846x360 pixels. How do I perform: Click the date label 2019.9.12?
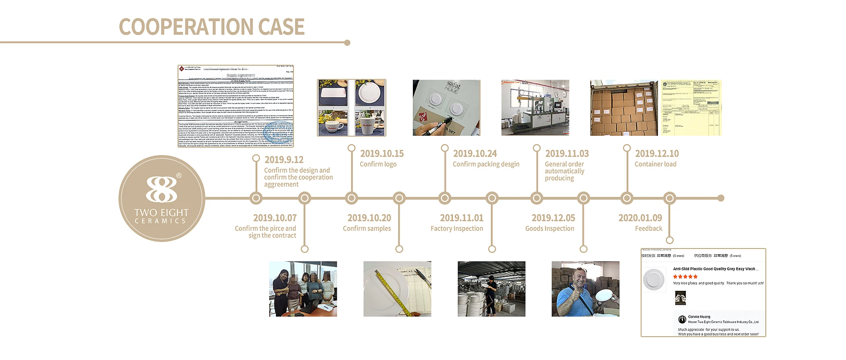[x=284, y=160]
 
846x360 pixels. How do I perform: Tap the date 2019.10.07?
[x=275, y=218]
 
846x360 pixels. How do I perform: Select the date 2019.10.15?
[x=382, y=153]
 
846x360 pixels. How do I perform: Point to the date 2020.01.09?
[x=640, y=218]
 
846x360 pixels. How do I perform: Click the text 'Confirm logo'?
[x=378, y=164]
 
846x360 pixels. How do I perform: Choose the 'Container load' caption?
[x=655, y=164]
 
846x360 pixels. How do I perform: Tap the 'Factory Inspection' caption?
[x=456, y=228]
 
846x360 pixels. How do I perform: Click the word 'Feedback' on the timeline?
[x=648, y=228]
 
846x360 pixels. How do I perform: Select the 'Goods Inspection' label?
[x=549, y=228]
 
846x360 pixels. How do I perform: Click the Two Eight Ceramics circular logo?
[x=162, y=198]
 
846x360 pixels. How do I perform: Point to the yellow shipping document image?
[x=691, y=108]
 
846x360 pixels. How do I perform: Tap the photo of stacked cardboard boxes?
[x=623, y=108]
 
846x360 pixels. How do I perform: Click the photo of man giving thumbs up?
[x=585, y=289]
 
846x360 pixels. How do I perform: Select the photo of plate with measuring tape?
[x=397, y=289]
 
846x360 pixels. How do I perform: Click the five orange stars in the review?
[x=685, y=277]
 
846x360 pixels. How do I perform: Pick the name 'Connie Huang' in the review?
[x=699, y=316]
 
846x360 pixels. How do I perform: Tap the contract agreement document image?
[x=235, y=106]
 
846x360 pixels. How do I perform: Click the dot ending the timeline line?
[x=721, y=198]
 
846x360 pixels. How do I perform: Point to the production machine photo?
[x=535, y=108]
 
